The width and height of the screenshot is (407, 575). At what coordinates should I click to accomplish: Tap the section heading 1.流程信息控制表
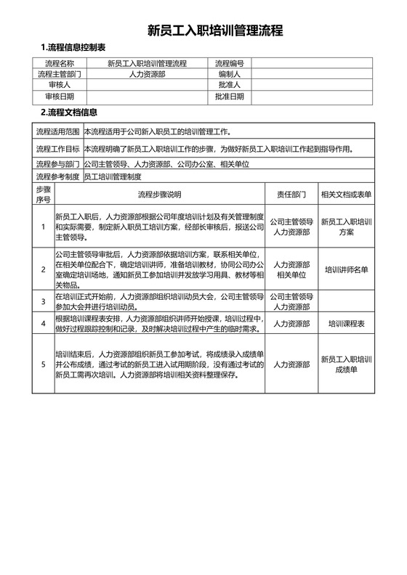75,48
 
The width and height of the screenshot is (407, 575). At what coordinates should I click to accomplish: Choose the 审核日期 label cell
60,96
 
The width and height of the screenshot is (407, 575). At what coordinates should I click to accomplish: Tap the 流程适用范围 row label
58,132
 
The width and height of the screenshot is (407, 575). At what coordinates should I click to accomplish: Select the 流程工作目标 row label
58,150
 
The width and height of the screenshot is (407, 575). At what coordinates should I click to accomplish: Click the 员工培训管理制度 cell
113,176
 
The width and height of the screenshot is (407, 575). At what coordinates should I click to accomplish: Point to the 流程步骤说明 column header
160,195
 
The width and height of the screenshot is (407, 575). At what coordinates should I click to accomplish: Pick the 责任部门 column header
291,195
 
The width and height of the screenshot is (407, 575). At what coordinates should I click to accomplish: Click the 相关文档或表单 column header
346,195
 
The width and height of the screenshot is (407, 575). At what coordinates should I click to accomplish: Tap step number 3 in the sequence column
44,301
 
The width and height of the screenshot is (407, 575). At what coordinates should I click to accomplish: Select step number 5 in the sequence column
44,364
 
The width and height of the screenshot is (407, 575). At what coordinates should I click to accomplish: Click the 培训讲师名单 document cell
346,269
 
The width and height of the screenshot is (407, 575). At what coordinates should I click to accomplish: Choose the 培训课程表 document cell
346,323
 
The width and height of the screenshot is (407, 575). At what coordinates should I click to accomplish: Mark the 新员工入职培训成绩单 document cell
346,364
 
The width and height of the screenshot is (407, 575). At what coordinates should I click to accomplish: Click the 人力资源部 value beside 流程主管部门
147,74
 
